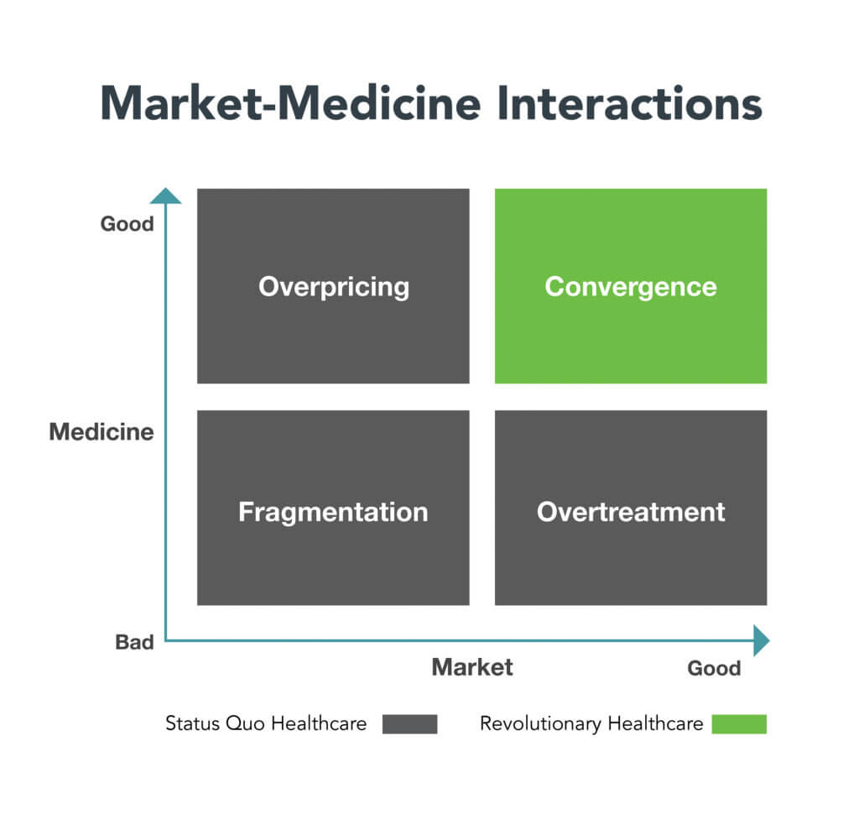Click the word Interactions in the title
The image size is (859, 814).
(629, 103)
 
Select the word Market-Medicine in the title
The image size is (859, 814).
(290, 103)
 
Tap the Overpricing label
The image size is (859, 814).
(334, 287)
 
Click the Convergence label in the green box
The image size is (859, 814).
(631, 287)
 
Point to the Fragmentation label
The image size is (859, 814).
(333, 513)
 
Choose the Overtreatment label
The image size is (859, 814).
(631, 512)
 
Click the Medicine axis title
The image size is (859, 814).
(102, 432)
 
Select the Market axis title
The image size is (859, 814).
(472, 667)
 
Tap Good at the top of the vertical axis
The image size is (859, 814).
(128, 224)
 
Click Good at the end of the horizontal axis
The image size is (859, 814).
(714, 668)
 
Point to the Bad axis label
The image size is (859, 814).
(134, 642)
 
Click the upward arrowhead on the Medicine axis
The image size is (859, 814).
(165, 196)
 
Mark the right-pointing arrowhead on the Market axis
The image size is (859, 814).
(762, 640)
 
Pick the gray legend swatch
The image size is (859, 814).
(409, 723)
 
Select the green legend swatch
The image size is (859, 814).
(739, 723)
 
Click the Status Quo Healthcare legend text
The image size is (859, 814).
(266, 723)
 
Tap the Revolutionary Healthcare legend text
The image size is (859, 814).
(591, 724)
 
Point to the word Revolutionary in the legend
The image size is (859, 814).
(540, 724)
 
